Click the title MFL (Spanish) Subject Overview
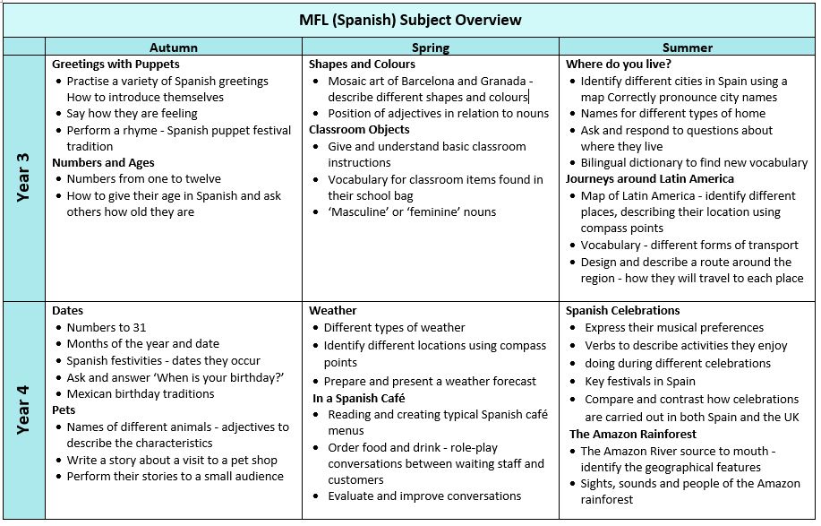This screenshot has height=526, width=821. tap(410, 20)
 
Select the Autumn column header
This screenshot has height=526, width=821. tap(174, 47)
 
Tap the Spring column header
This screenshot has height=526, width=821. tap(431, 47)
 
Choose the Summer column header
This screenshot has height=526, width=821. tap(688, 47)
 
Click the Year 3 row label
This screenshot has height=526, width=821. tap(23, 177)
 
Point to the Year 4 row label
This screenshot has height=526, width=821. tap(23, 410)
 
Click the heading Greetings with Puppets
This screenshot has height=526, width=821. tap(115, 65)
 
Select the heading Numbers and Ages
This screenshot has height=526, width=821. tap(103, 162)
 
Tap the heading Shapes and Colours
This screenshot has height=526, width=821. tap(362, 65)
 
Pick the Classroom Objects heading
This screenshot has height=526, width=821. tap(359, 130)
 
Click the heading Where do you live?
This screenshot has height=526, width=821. tap(618, 65)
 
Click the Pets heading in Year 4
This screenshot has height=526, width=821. tap(64, 410)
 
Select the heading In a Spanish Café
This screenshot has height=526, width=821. tap(358, 398)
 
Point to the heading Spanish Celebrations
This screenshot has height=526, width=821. tap(623, 311)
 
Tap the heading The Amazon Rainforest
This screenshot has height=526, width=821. tap(632, 435)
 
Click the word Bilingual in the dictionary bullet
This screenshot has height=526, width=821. tap(607, 162)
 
